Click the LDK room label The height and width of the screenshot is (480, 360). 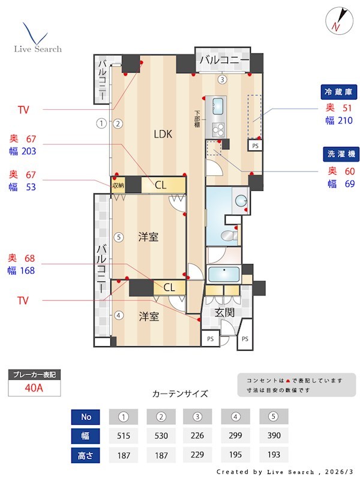(x=162, y=134)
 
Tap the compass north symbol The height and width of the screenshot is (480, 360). (x=336, y=20)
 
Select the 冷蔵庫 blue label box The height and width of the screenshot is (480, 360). (x=339, y=92)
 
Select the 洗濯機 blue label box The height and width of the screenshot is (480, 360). (x=339, y=154)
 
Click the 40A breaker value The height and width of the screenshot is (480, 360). (x=34, y=388)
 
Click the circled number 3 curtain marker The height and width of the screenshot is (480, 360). (x=222, y=79)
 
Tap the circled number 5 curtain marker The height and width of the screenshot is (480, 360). (x=119, y=237)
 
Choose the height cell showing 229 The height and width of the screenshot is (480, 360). (x=199, y=455)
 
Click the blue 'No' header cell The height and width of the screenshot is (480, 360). (x=86, y=416)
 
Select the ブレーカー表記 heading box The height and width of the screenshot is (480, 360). (x=34, y=374)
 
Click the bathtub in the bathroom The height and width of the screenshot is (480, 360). (x=223, y=275)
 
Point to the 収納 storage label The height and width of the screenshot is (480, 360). (x=118, y=185)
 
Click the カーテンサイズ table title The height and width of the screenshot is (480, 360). (x=180, y=394)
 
